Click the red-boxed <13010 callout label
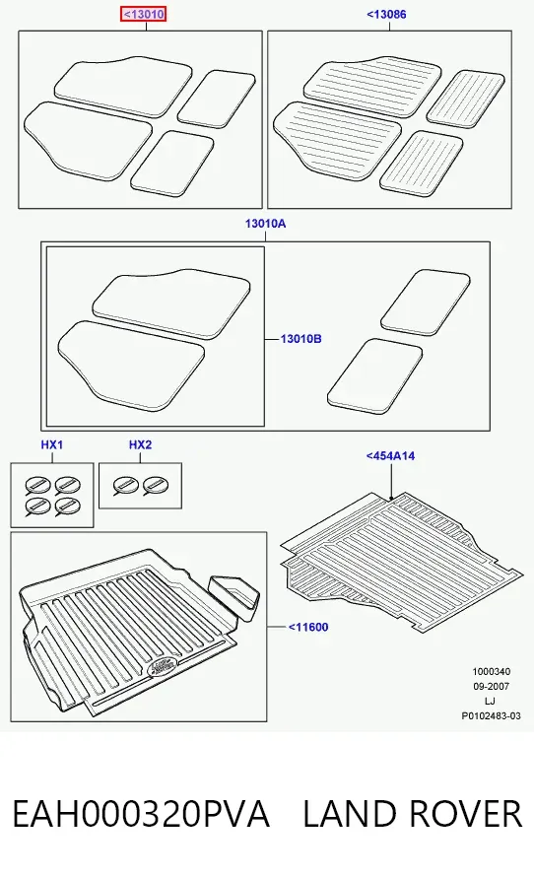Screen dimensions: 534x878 [x=143, y=15]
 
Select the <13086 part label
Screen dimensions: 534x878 [x=386, y=15]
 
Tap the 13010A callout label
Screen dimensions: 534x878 [x=265, y=224]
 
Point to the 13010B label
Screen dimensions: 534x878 [x=301, y=339]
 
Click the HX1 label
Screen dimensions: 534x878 [x=52, y=444]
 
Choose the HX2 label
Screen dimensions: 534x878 [x=140, y=444]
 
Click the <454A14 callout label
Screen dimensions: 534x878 [x=391, y=456]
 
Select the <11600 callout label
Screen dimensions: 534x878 [x=308, y=627]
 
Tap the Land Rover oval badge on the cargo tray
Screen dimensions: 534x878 [x=162, y=666]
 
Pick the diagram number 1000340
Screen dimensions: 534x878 [x=491, y=672]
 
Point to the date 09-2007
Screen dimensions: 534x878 [x=491, y=687]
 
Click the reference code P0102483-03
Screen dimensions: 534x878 [x=491, y=716]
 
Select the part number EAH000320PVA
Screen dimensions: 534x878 [x=141, y=814]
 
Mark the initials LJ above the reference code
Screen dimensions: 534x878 [x=491, y=701]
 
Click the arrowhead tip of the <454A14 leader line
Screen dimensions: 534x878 [x=391, y=499]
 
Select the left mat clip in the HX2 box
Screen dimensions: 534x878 [x=123, y=486]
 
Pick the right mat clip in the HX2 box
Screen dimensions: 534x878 [x=154, y=486]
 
